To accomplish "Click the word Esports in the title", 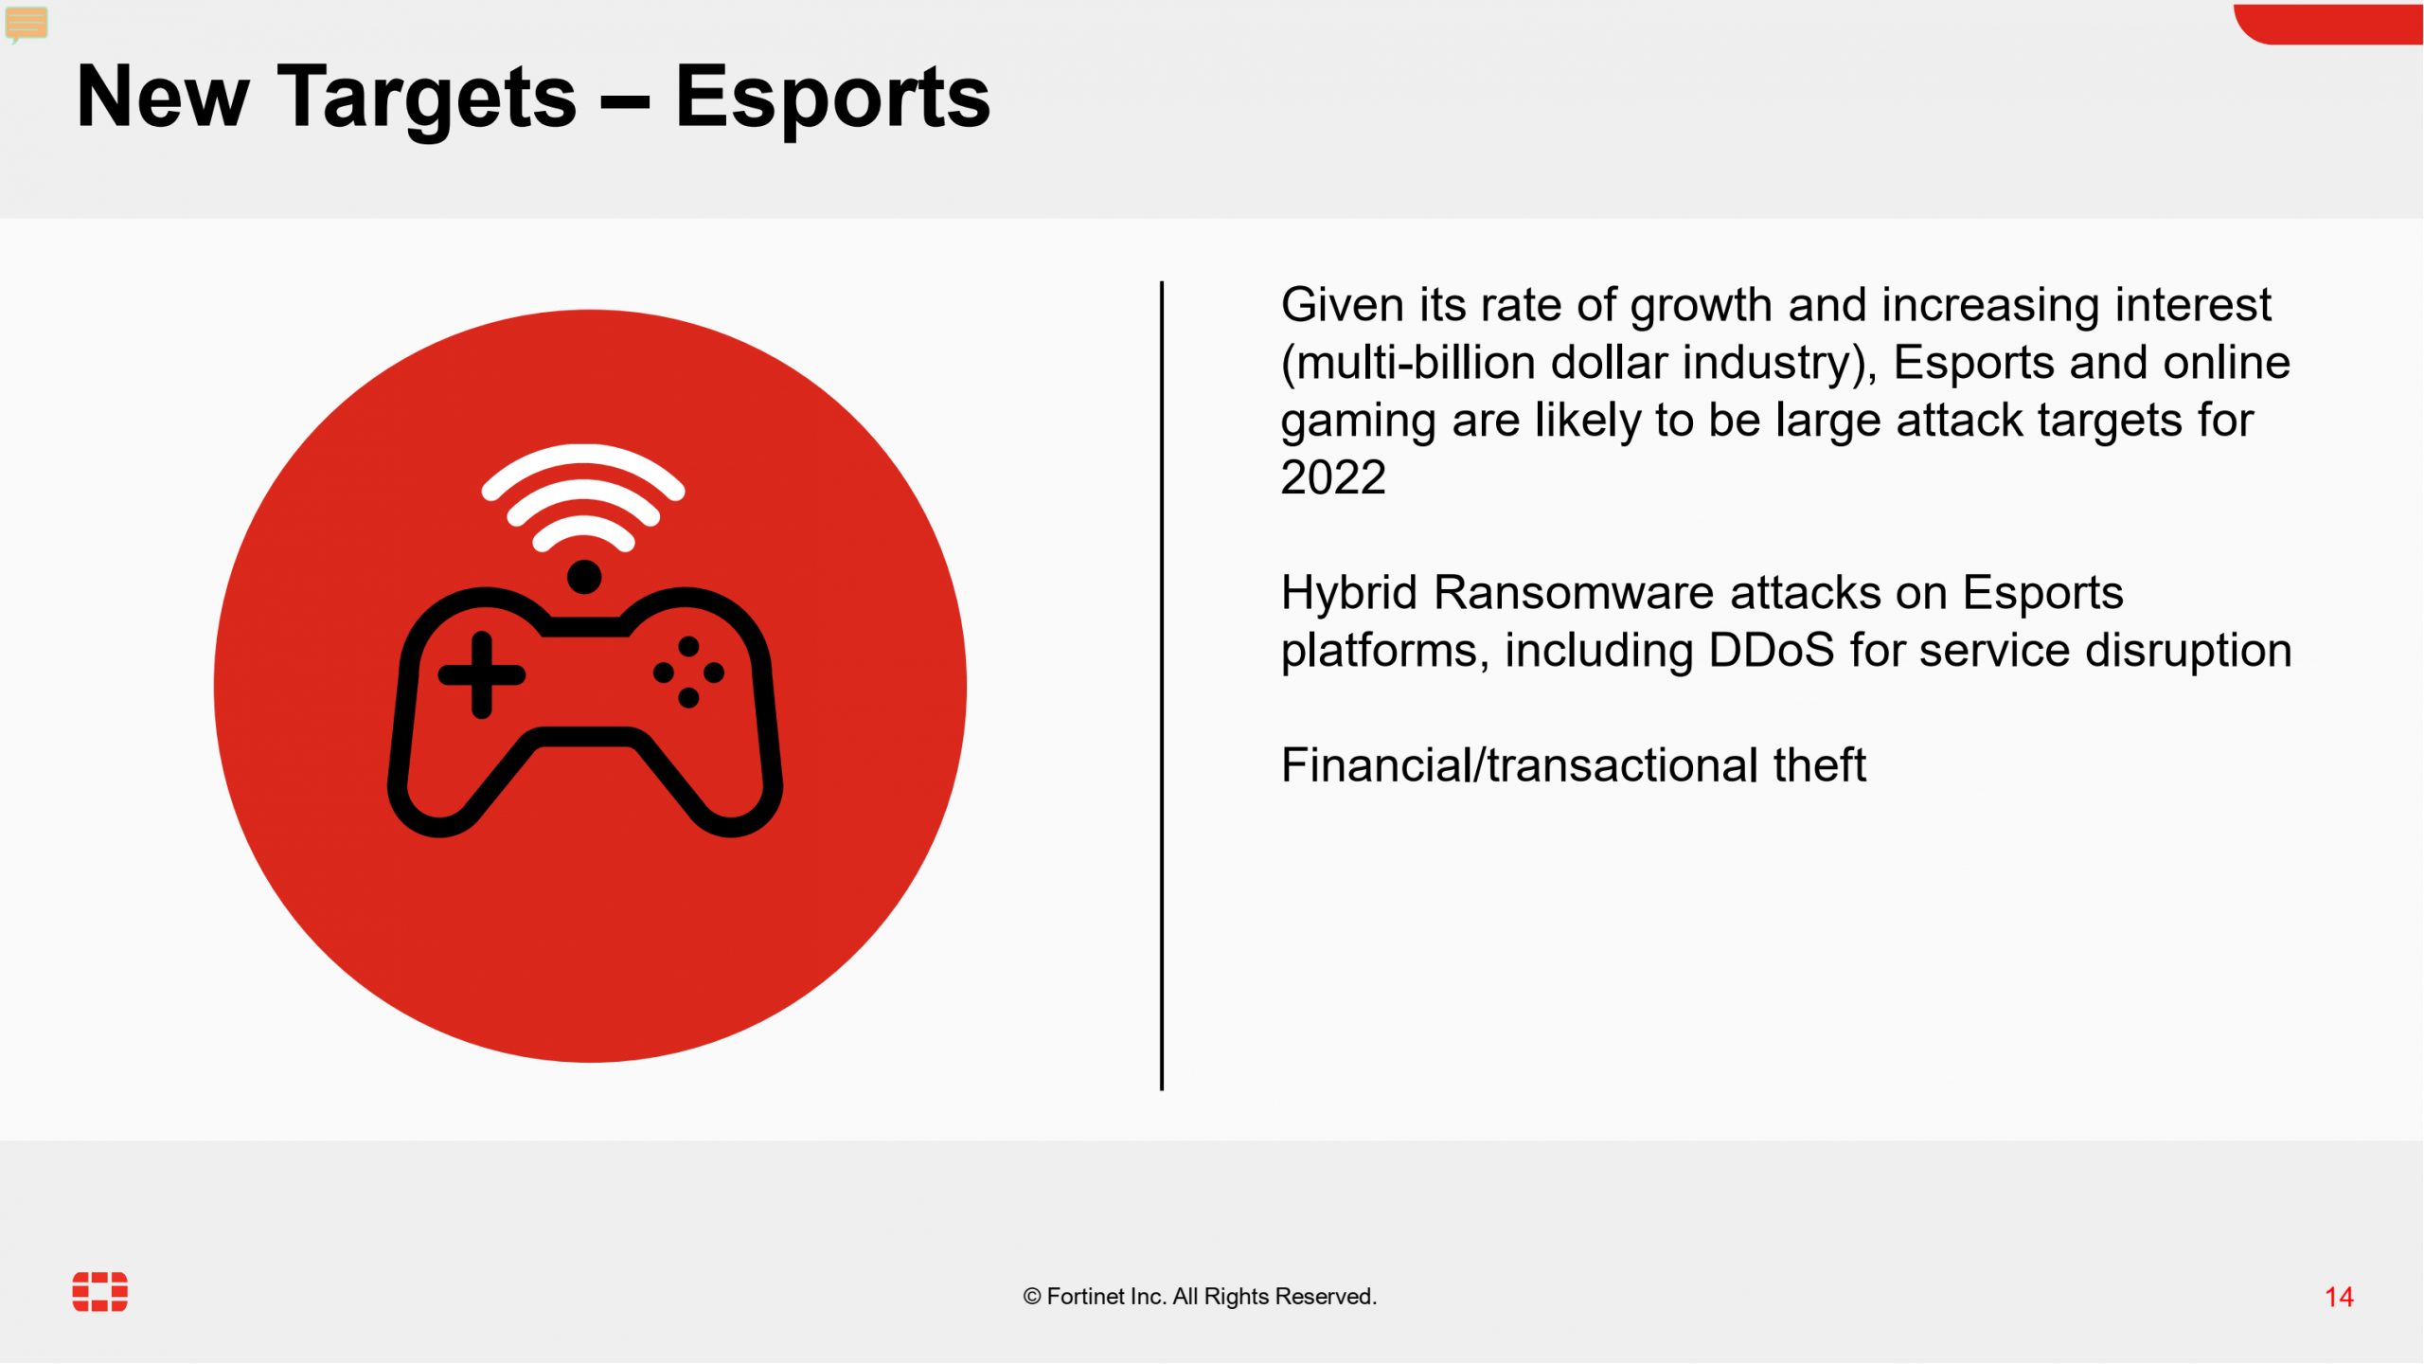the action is point(832,99).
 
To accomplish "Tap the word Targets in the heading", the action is point(426,99).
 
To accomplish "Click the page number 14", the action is point(2339,1297).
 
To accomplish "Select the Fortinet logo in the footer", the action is point(100,1292).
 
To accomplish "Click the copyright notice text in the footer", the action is point(1200,1297).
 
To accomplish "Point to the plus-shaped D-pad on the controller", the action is point(482,674).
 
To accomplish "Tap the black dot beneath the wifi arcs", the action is point(584,577).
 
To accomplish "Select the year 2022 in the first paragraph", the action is point(1333,477).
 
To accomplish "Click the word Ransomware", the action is point(1574,593).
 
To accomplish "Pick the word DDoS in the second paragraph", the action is point(1772,651).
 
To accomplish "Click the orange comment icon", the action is point(27,24).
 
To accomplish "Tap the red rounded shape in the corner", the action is point(2328,23).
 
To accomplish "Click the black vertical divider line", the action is point(1162,686).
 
